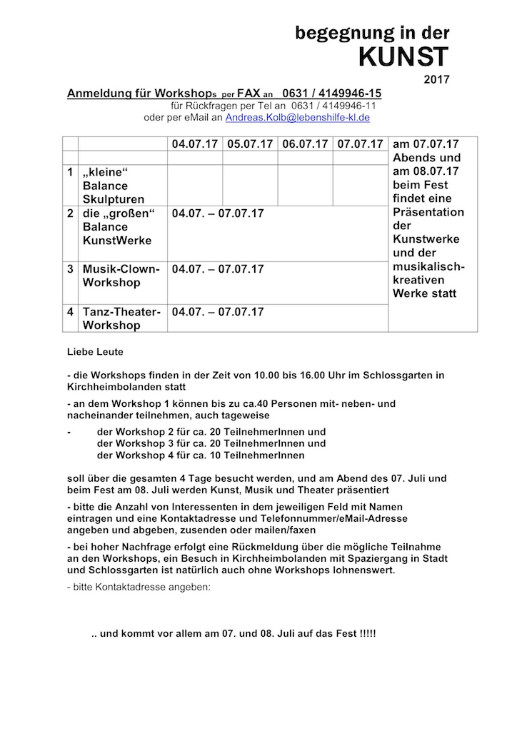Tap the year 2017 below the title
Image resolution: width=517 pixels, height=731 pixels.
pyautogui.click(x=436, y=78)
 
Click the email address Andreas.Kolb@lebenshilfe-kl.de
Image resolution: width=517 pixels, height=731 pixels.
pyautogui.click(x=298, y=117)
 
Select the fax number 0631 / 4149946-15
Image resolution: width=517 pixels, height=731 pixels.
pyautogui.click(x=332, y=94)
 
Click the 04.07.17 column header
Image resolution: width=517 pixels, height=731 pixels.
pyautogui.click(x=195, y=144)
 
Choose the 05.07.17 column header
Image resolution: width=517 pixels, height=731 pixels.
pyautogui.click(x=251, y=144)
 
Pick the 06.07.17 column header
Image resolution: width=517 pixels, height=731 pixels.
pyautogui.click(x=306, y=144)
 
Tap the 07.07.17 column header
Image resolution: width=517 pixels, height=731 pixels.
pyautogui.click(x=361, y=144)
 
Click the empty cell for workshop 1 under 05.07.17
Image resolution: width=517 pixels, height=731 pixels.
pyautogui.click(x=251, y=186)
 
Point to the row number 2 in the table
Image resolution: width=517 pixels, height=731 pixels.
pyautogui.click(x=70, y=213)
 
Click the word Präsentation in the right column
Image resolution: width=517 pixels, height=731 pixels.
pyautogui.click(x=428, y=212)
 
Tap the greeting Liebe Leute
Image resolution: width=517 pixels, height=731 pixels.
pyautogui.click(x=95, y=352)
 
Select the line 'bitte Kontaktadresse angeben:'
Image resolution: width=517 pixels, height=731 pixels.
pyautogui.click(x=139, y=587)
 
